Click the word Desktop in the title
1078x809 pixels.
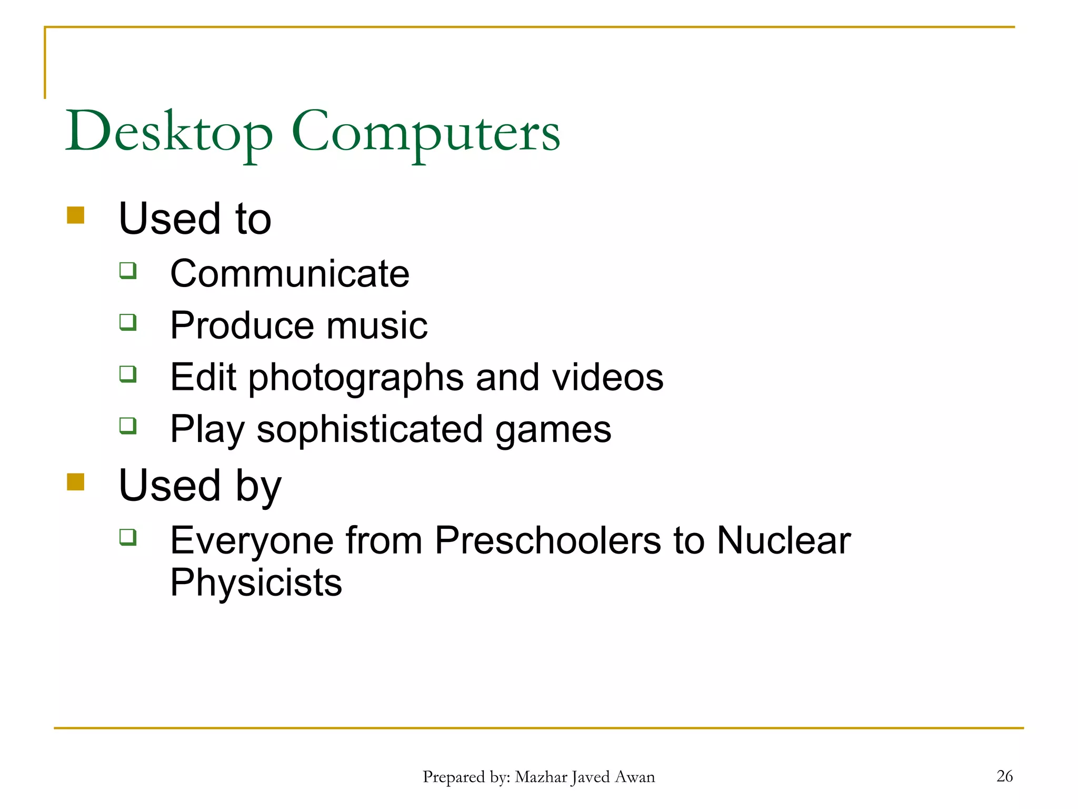[x=169, y=132]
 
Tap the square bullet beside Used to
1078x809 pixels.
[x=76, y=215]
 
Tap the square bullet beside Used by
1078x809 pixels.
[x=76, y=482]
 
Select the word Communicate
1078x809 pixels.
[x=290, y=274]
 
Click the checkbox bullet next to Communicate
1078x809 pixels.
[x=128, y=271]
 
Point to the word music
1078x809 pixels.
[x=377, y=325]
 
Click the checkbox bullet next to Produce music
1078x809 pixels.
[x=128, y=322]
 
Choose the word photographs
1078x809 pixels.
[x=356, y=378]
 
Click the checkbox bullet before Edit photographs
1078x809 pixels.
[x=128, y=374]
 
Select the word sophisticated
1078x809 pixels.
[x=370, y=429]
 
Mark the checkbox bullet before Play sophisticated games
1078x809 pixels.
[x=128, y=425]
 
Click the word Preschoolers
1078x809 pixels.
[x=547, y=540]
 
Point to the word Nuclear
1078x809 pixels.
[x=783, y=540]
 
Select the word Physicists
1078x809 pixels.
[x=256, y=583]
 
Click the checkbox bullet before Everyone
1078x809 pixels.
[x=128, y=537]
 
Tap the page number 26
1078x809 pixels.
[x=1004, y=776]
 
